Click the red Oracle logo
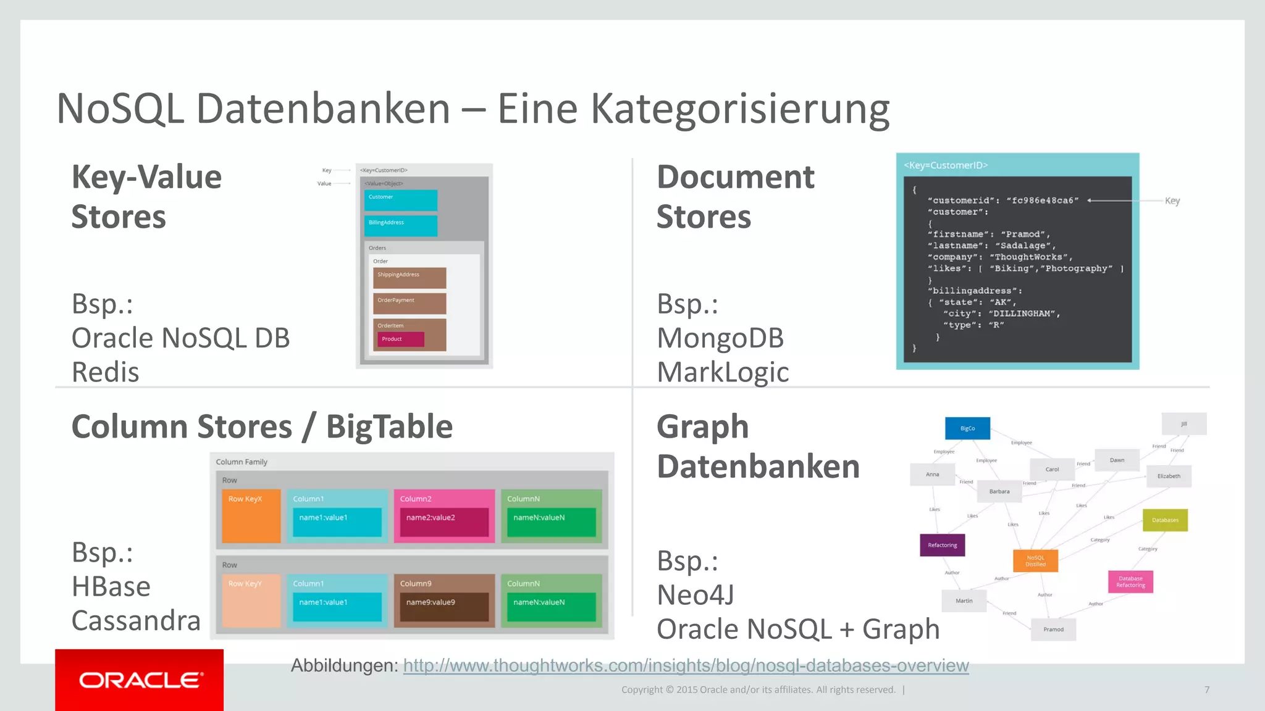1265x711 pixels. [139, 680]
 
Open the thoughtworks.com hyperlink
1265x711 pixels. [686, 665]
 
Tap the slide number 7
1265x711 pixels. [1206, 689]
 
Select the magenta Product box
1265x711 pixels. [400, 339]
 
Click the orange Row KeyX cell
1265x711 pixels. [251, 516]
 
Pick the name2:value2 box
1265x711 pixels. [443, 522]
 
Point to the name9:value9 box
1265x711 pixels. [443, 606]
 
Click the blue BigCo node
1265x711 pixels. [967, 428]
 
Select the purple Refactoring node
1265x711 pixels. [942, 545]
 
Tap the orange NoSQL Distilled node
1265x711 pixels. [1035, 560]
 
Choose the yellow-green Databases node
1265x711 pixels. [1165, 520]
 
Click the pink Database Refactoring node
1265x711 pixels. [1130, 581]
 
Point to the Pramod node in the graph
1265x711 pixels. [1053, 630]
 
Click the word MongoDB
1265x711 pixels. [720, 338]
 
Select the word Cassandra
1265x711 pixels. [136, 620]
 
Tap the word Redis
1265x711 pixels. [105, 372]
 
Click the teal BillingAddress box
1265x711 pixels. [400, 225]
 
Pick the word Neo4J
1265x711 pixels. [696, 595]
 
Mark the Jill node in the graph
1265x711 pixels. [1183, 424]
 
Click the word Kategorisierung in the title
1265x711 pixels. [740, 109]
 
